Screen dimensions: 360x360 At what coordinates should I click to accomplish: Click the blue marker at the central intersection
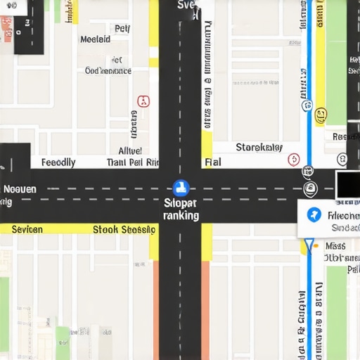(x=181, y=188)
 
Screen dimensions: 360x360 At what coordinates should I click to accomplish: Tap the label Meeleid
(x=96, y=40)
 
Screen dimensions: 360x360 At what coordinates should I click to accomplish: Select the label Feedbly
(x=58, y=162)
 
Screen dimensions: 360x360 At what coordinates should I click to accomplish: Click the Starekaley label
(x=259, y=148)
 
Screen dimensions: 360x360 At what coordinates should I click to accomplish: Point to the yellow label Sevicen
(x=27, y=229)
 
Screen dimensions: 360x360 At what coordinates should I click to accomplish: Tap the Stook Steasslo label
(x=124, y=229)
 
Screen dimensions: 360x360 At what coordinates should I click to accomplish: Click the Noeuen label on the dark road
(x=20, y=189)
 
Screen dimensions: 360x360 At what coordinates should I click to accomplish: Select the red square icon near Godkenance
(x=143, y=101)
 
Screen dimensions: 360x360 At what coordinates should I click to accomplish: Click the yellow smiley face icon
(x=321, y=114)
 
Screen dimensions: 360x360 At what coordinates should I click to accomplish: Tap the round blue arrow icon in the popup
(x=314, y=215)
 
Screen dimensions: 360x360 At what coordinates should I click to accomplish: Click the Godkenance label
(x=108, y=70)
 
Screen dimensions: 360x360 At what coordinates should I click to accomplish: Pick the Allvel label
(x=130, y=150)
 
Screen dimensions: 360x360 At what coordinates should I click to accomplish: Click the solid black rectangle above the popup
(x=347, y=184)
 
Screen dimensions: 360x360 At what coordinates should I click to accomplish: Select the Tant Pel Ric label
(x=133, y=162)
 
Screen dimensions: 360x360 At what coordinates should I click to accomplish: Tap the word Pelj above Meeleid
(x=122, y=29)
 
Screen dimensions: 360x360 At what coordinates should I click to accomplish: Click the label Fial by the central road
(x=212, y=162)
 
